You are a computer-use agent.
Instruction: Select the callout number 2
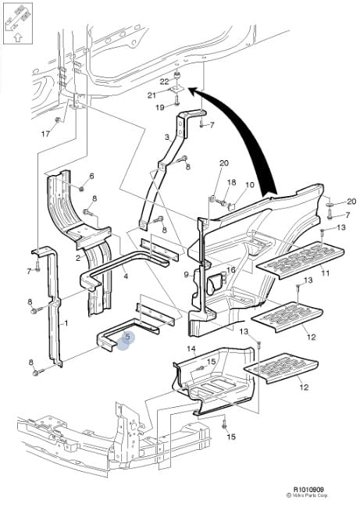79,257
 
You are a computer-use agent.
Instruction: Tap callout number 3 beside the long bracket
166,137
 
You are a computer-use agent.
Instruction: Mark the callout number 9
186,274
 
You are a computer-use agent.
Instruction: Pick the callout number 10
250,185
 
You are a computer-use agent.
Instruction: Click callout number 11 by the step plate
325,273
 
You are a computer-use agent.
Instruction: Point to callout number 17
45,134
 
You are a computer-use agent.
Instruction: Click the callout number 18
230,182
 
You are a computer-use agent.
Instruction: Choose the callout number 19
159,107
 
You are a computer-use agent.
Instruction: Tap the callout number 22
165,81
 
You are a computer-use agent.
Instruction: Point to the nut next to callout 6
82,188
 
